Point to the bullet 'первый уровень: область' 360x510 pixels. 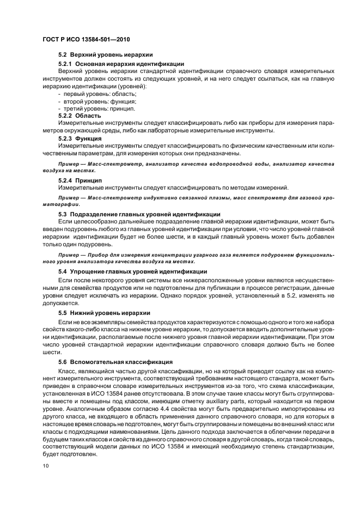coord(90,94)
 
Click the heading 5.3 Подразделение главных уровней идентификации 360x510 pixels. coord(139,215)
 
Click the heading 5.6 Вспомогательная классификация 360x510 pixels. coord(115,361)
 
